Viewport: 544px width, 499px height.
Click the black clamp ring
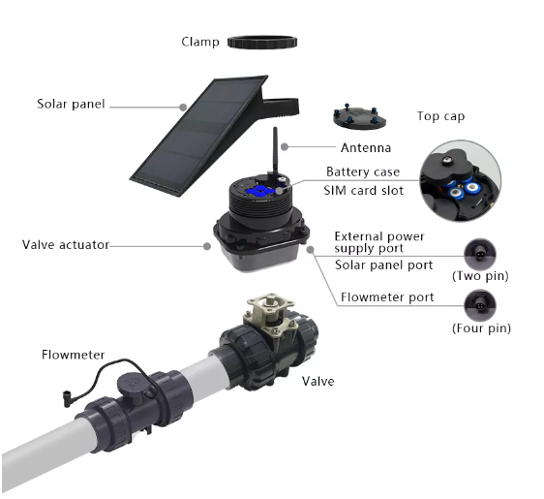pyautogui.click(x=262, y=43)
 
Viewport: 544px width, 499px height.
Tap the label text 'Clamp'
pyautogui.click(x=200, y=42)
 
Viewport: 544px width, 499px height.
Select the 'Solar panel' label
pyautogui.click(x=71, y=104)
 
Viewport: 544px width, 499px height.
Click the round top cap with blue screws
pyautogui.click(x=359, y=117)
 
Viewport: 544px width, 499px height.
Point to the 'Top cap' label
pyautogui.click(x=440, y=116)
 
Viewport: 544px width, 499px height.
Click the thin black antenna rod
pyautogui.click(x=275, y=150)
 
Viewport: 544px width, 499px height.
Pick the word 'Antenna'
pyautogui.click(x=366, y=148)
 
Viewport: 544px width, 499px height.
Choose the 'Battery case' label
pyautogui.click(x=363, y=172)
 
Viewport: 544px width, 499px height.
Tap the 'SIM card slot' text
pyautogui.click(x=364, y=191)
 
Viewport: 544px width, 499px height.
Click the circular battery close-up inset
pyautogui.click(x=460, y=181)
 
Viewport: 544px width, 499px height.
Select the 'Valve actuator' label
pyautogui.click(x=66, y=244)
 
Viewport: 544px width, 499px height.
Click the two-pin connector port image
pyautogui.click(x=480, y=255)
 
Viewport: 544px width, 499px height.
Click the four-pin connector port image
pyautogui.click(x=480, y=305)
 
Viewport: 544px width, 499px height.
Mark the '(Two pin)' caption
pyautogui.click(x=480, y=276)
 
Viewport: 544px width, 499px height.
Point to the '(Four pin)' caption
pyautogui.click(x=481, y=328)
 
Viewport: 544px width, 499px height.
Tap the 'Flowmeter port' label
pyautogui.click(x=387, y=297)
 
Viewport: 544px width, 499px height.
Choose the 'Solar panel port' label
pyautogui.click(x=383, y=265)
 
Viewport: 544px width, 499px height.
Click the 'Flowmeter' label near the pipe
pyautogui.click(x=73, y=355)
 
